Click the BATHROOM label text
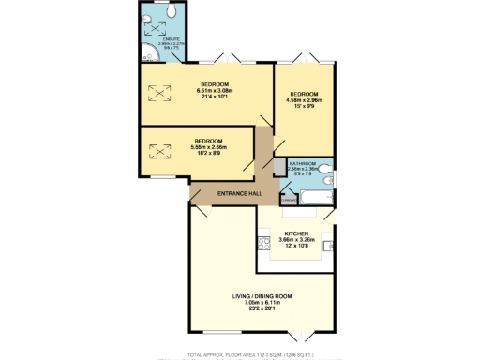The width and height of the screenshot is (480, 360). tap(303, 163)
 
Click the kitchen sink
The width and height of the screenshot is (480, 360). tap(328, 246)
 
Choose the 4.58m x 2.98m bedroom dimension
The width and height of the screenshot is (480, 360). tap(303, 102)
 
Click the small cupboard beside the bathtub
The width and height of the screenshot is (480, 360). tap(288, 199)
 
